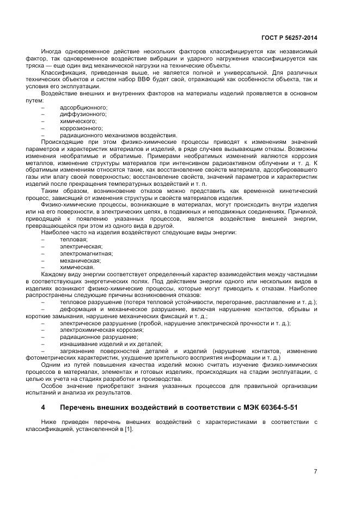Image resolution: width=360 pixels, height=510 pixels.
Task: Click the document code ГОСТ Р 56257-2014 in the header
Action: click(x=290, y=38)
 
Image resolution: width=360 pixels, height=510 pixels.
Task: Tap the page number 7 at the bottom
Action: click(x=315, y=471)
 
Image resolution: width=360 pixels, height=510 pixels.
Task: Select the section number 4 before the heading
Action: click(x=43, y=407)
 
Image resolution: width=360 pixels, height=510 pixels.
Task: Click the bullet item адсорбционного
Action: click(x=83, y=107)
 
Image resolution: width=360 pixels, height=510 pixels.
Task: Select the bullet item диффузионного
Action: click(x=83, y=114)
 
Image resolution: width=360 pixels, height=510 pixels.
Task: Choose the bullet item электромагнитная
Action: click(x=86, y=253)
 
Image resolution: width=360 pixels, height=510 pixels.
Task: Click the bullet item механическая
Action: click(x=80, y=260)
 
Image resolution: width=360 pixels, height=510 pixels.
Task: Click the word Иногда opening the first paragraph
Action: click(x=52, y=51)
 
